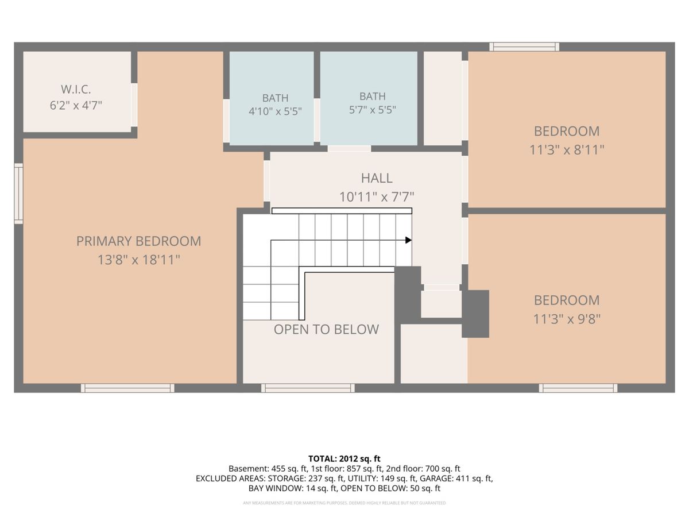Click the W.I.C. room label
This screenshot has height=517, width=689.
pyautogui.click(x=76, y=90)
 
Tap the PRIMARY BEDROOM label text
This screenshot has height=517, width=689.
pyautogui.click(x=139, y=241)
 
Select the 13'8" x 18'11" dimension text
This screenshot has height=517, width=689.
pyautogui.click(x=139, y=260)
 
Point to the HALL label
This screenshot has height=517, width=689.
pyautogui.click(x=377, y=178)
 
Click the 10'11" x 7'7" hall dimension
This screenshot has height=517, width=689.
pyautogui.click(x=377, y=197)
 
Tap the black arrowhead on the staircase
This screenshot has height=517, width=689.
pyautogui.click(x=408, y=240)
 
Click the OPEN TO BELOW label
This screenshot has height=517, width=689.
pyautogui.click(x=327, y=329)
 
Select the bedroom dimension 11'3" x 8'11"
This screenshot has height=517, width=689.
pyautogui.click(x=567, y=150)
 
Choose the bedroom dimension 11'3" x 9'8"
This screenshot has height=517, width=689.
pyautogui.click(x=567, y=319)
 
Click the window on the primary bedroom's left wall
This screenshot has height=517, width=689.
pyautogui.click(x=18, y=194)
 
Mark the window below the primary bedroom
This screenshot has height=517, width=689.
pyautogui.click(x=128, y=388)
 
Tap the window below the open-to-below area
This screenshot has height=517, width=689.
pyautogui.click(x=308, y=388)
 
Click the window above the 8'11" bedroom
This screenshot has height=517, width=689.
pyautogui.click(x=524, y=47)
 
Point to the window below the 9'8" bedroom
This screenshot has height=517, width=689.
pyautogui.click(x=578, y=388)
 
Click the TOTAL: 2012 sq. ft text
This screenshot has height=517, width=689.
pyautogui.click(x=344, y=459)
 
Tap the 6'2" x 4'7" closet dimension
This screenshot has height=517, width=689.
pyautogui.click(x=76, y=105)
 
